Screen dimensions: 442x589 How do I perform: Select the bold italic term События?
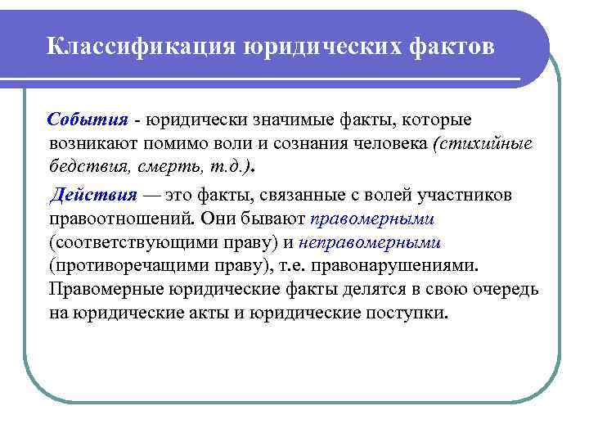88,120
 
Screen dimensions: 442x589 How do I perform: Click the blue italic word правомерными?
372,219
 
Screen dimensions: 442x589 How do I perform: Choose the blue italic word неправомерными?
370,243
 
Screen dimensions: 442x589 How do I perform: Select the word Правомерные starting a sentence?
106,290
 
